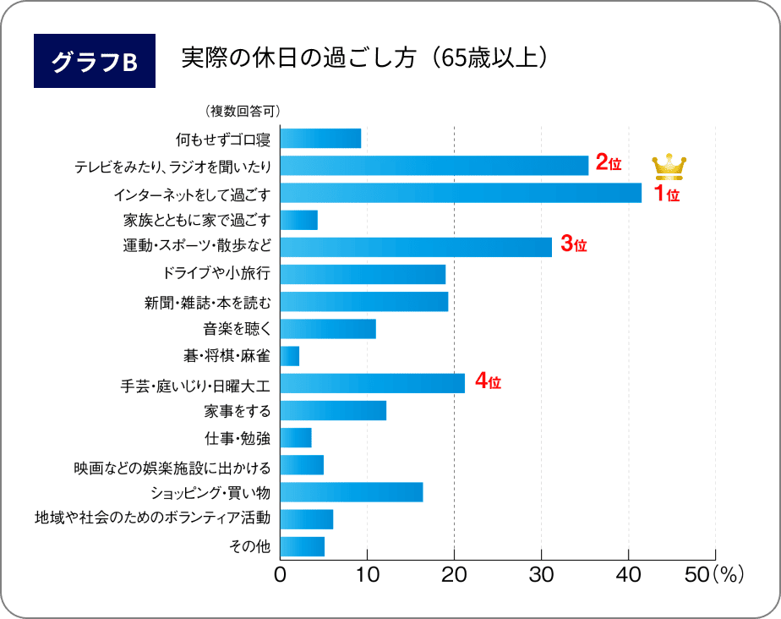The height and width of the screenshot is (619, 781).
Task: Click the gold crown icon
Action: (x=669, y=167)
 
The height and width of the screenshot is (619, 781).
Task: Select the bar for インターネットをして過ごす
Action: (x=461, y=193)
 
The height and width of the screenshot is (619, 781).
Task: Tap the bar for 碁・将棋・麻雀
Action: (x=289, y=356)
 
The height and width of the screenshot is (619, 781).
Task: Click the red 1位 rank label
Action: (x=667, y=195)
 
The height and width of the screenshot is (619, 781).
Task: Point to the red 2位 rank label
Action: (x=609, y=163)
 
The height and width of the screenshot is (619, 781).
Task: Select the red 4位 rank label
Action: (x=488, y=381)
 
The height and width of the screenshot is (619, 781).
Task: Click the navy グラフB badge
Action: (x=95, y=62)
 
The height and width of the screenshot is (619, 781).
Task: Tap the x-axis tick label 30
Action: (x=541, y=577)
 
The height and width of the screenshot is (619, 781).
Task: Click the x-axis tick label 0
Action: (x=281, y=577)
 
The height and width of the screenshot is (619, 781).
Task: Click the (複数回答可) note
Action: (x=242, y=111)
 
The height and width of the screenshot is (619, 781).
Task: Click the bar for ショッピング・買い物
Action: (x=351, y=492)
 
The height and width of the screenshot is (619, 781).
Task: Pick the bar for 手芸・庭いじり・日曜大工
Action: (x=372, y=383)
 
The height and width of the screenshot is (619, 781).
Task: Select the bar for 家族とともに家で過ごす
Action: (x=298, y=220)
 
